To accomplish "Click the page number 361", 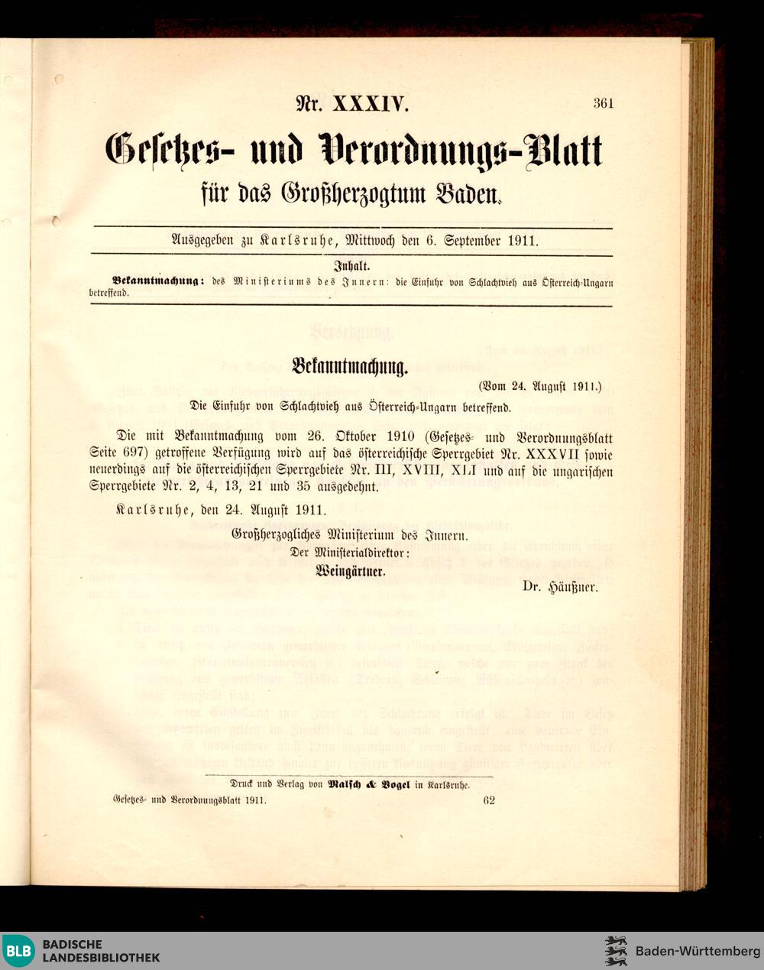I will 603,103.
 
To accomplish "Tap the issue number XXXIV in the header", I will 370,103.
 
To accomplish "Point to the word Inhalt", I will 351,268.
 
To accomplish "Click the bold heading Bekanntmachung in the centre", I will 350,366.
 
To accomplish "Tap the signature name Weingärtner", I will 351,569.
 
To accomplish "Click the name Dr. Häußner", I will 560,588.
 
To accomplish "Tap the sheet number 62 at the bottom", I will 489,800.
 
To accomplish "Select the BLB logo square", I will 18,951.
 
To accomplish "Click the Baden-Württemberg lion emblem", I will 616,951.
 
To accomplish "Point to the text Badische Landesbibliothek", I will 101,951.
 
